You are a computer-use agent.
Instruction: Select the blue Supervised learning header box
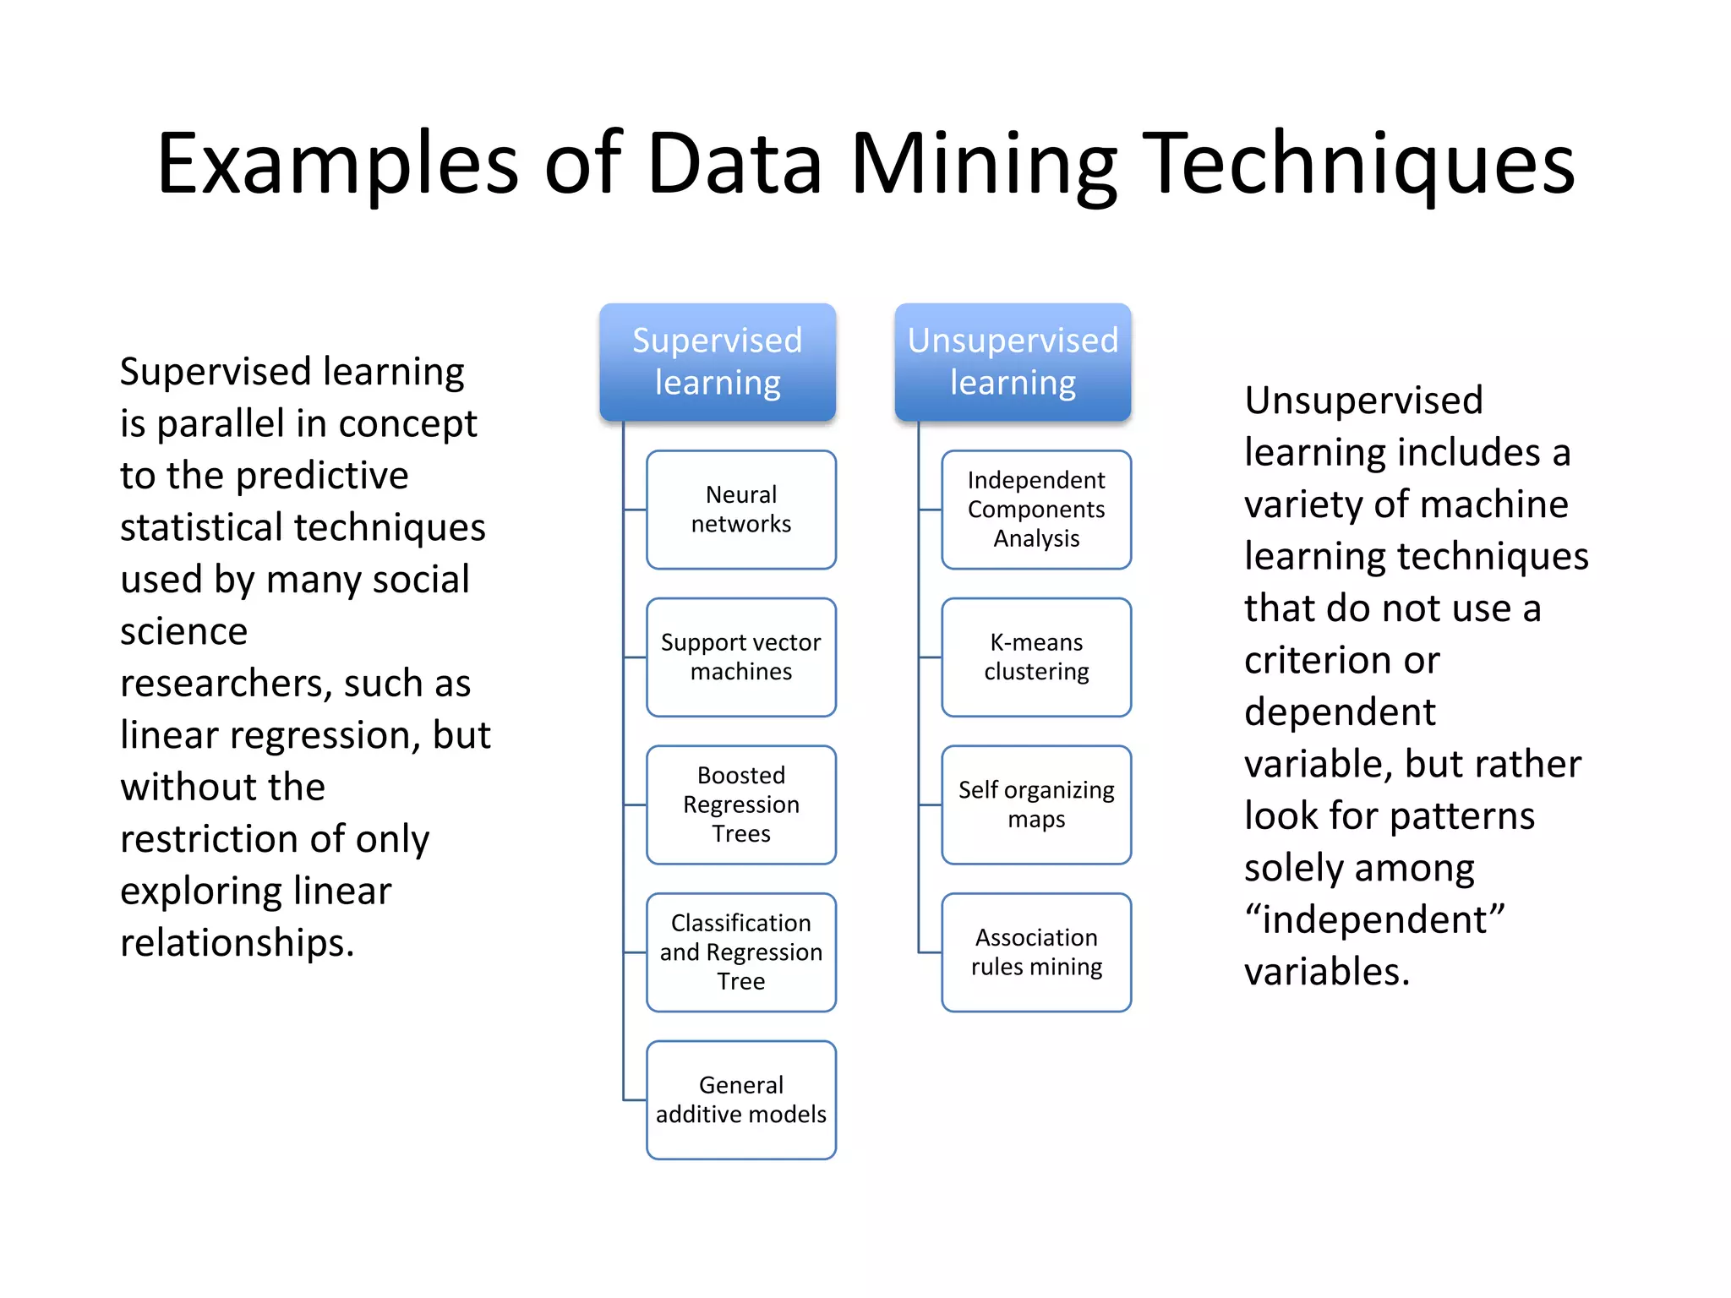click(718, 362)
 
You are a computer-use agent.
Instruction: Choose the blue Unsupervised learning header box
click(1013, 362)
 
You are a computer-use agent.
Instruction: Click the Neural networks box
click(741, 510)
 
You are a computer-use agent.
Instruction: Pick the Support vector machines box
click(741, 657)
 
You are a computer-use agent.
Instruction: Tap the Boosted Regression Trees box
click(741, 804)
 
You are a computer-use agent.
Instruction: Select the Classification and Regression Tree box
click(741, 952)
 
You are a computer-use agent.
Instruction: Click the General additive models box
click(741, 1099)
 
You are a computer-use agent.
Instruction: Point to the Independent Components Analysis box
click(1036, 510)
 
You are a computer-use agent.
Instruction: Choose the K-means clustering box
click(1036, 657)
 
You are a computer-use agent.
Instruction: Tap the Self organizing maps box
click(1036, 804)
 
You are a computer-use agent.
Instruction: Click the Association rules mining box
click(1036, 952)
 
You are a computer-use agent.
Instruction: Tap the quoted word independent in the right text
click(1374, 919)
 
